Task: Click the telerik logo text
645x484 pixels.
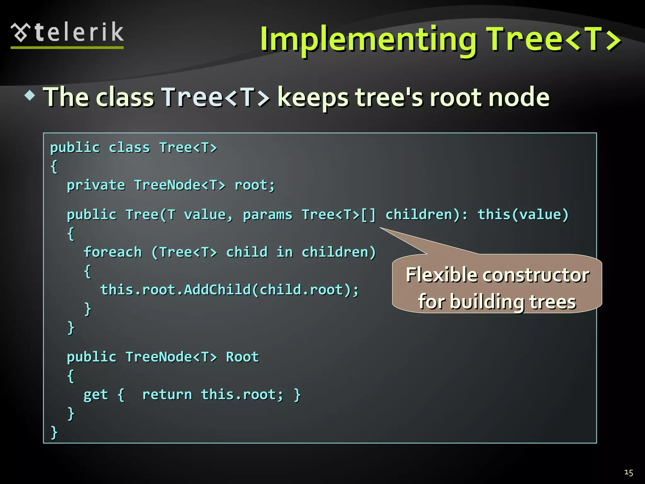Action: [79, 32]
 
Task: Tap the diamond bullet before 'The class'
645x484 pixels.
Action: [30, 95]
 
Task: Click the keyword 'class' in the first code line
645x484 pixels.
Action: [129, 147]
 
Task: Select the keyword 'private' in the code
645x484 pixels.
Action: [96, 185]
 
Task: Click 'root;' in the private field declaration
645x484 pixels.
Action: [254, 185]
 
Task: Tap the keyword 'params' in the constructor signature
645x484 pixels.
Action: [267, 215]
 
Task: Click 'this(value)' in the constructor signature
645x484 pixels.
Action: [523, 215]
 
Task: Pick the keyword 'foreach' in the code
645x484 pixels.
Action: [113, 252]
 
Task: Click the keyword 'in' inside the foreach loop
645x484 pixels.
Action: [284, 252]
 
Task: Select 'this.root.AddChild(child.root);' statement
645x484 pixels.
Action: [229, 290]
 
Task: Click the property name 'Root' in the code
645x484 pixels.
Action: [242, 357]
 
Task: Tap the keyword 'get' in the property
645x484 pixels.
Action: [95, 395]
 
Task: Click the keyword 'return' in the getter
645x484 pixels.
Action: [167, 395]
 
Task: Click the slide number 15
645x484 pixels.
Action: [628, 473]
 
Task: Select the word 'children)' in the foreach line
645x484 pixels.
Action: [339, 252]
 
